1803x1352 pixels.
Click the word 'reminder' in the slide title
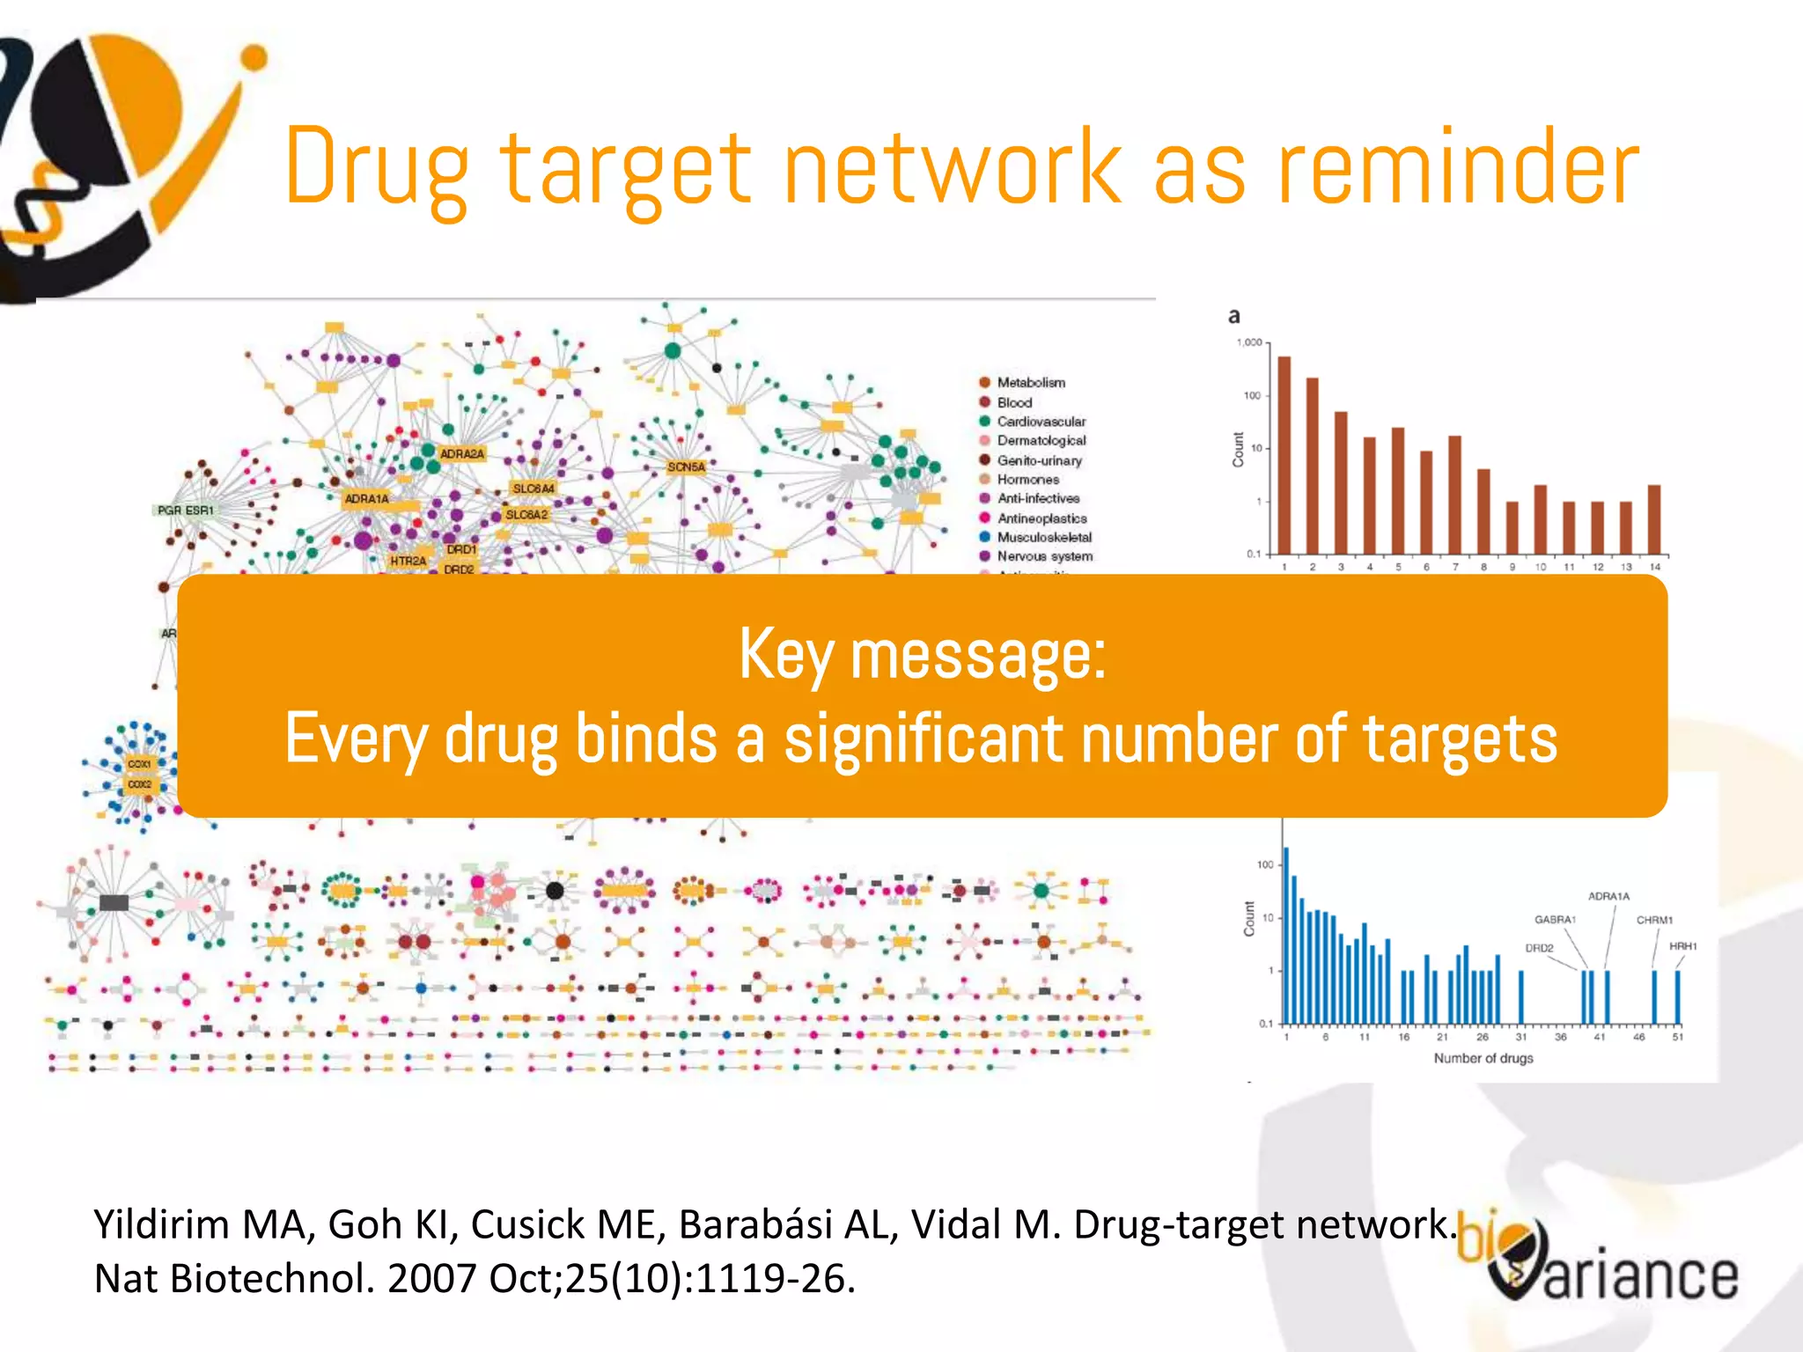pyautogui.click(x=1458, y=167)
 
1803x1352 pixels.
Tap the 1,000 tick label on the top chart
pyautogui.click(x=1249, y=342)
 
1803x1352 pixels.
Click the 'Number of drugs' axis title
pyautogui.click(x=1483, y=1058)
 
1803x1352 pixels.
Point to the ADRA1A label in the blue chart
pyautogui.click(x=1608, y=896)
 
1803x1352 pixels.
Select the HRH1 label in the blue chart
pyautogui.click(x=1682, y=946)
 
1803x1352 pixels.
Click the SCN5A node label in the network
pyautogui.click(x=686, y=467)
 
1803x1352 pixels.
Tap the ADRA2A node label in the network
pyautogui.click(x=462, y=454)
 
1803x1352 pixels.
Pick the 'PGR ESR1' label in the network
pyautogui.click(x=185, y=511)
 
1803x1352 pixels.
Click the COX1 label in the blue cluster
pyautogui.click(x=140, y=764)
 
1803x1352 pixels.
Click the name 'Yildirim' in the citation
pyautogui.click(x=154, y=1224)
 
